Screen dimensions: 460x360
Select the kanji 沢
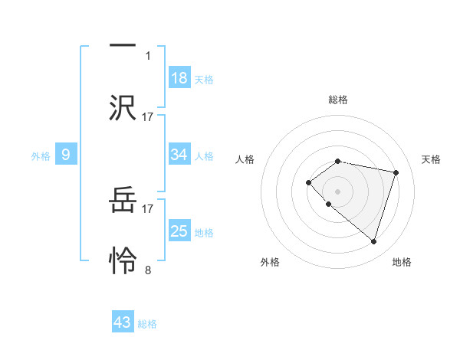tap(123, 106)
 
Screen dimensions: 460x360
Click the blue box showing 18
tap(179, 78)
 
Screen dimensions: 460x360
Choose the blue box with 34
tap(179, 155)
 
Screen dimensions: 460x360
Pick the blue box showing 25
tap(179, 231)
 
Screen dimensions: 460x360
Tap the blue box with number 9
tap(66, 155)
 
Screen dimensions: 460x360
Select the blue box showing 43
tap(123, 322)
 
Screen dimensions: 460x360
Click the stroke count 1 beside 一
tap(148, 55)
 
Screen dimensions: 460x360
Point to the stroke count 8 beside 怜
tap(148, 270)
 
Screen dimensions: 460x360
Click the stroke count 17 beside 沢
tap(148, 116)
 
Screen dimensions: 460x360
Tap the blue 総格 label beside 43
tap(147, 324)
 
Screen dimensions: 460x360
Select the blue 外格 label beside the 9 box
tap(41, 156)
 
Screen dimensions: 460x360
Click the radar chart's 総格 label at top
tap(337, 100)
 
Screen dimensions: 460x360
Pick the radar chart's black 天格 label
tap(432, 159)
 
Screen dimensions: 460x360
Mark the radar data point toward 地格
tap(373, 241)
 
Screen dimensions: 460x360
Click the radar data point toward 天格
tap(396, 172)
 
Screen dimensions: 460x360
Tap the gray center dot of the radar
tap(337, 191)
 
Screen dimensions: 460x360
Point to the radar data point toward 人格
tap(308, 182)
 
